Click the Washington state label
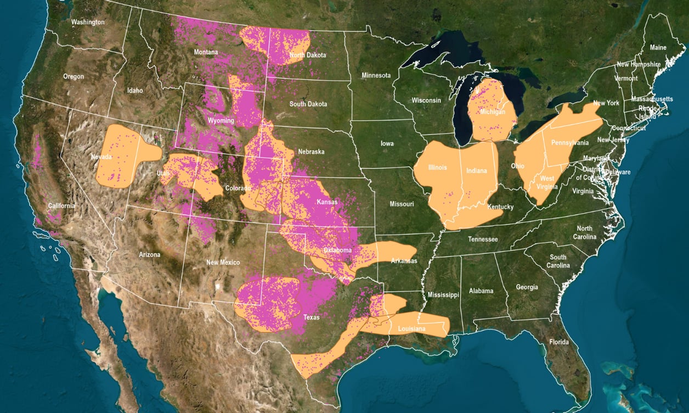tap(88, 23)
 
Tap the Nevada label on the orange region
tap(101, 157)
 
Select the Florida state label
tap(559, 342)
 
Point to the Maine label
tap(658, 48)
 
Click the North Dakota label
tap(308, 55)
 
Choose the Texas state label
tap(312, 317)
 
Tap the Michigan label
tap(492, 111)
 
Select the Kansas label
tap(327, 202)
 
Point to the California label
tap(61, 206)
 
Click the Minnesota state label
tap(376, 75)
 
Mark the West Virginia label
tap(547, 182)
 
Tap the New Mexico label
tap(223, 263)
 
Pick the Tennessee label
tap(483, 239)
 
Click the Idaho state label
tap(134, 91)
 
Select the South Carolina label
tap(558, 261)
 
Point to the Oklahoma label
tap(337, 250)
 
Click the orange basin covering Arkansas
tap(379, 252)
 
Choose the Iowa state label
tap(387, 143)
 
